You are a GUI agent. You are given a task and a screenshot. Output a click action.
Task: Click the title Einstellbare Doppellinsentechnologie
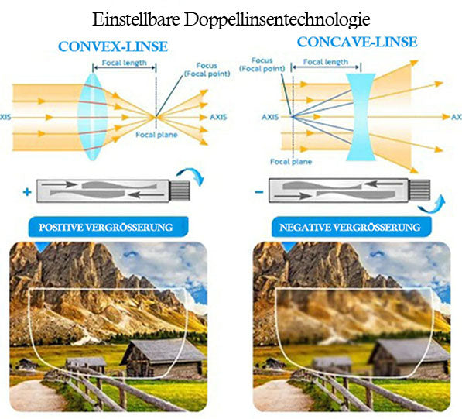pos(231,19)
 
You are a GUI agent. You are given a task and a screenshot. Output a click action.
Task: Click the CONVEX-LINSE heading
pos(113,46)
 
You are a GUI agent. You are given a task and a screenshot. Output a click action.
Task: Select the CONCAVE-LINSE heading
pos(357,42)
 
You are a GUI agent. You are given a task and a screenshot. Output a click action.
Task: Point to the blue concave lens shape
pos(361,117)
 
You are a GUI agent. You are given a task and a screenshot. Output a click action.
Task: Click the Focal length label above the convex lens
pos(125,63)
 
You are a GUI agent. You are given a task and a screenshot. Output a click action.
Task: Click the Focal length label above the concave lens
pos(326,62)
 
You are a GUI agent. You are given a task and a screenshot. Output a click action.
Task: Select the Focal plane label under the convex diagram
pos(156,135)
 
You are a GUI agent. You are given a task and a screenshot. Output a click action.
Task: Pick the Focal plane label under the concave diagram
pos(291,162)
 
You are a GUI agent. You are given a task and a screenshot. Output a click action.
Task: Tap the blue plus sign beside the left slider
pos(27,192)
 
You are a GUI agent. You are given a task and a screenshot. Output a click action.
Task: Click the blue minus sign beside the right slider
pos(259,192)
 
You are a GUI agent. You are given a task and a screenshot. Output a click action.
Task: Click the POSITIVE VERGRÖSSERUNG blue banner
pos(108,227)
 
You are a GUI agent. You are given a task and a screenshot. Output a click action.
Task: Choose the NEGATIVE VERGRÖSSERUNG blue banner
pos(351,227)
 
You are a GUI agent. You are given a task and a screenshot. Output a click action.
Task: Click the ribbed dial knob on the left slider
pos(180,191)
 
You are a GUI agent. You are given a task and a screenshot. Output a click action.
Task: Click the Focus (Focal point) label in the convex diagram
pos(207,70)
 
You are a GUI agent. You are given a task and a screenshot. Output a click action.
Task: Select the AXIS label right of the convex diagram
pos(218,117)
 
